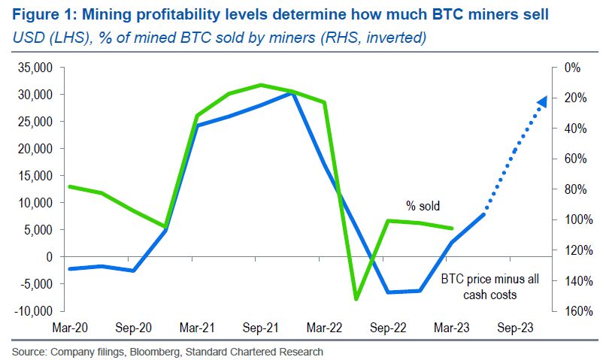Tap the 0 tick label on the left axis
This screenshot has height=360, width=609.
coord(50,257)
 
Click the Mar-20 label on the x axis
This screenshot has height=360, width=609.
coord(70,328)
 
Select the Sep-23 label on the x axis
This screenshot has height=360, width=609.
coord(516,328)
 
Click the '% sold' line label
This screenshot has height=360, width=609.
coord(423,205)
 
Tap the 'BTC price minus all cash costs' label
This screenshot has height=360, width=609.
coord(489,286)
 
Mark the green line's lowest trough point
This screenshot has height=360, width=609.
coord(356,299)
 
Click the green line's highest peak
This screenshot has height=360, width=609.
coord(260,85)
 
